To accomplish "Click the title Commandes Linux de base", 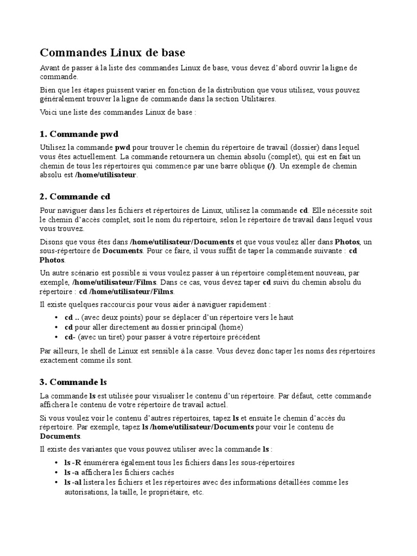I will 112,53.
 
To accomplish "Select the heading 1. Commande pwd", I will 79,134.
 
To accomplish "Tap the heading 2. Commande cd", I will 75,196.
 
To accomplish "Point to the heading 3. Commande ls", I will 73,382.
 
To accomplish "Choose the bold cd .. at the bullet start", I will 72,317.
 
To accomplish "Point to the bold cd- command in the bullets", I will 69,337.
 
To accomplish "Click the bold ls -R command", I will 73,463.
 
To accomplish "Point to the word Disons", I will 52,242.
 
